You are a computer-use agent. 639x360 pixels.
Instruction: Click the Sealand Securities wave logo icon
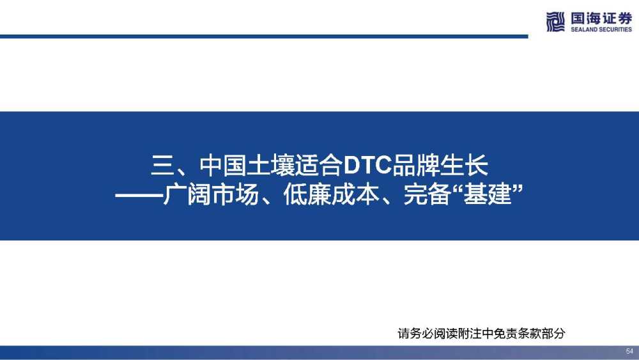pyautogui.click(x=555, y=22)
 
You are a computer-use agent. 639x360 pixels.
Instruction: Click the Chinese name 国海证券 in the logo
pyautogui.click(x=601, y=19)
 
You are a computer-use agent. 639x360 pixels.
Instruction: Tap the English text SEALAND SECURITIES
pyautogui.click(x=601, y=29)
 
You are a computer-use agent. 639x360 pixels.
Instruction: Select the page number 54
pyautogui.click(x=629, y=351)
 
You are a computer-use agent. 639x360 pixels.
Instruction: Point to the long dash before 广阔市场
pyautogui.click(x=139, y=195)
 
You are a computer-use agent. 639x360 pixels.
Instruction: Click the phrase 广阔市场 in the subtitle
pyautogui.click(x=211, y=194)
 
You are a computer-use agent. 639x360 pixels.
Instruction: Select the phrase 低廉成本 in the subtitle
pyautogui.click(x=331, y=194)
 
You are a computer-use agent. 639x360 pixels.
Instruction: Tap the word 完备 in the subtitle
pyautogui.click(x=427, y=194)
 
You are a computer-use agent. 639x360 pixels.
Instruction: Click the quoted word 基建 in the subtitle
pyautogui.click(x=488, y=194)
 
